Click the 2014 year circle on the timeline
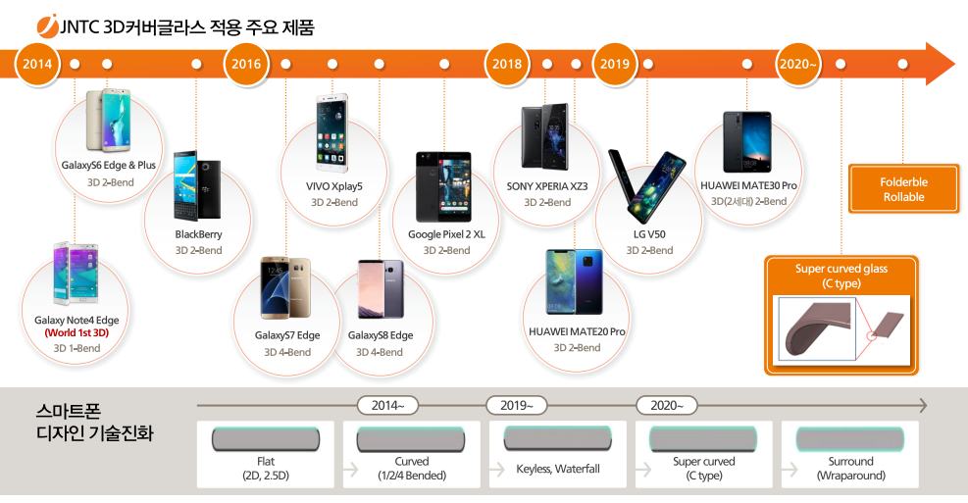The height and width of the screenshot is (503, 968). coord(37,65)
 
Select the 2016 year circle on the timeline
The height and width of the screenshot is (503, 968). coord(246,65)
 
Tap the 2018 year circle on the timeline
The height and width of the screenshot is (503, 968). coord(507,65)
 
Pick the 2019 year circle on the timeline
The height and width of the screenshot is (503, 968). coord(615,65)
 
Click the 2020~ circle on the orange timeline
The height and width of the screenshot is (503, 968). coord(797,65)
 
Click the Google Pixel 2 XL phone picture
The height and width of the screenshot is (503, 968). coord(443,186)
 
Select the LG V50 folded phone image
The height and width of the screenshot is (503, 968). coord(648,187)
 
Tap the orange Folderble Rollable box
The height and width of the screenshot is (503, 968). coord(903,189)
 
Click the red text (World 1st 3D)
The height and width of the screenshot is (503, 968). coord(76,333)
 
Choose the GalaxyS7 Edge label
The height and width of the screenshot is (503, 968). coord(287,335)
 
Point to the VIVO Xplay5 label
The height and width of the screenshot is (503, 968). coord(334,185)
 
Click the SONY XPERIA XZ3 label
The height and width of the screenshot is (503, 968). coord(547,186)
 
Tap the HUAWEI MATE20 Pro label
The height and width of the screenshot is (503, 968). coord(577,331)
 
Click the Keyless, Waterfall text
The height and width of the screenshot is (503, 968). coord(558,469)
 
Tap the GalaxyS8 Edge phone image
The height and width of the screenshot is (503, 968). coord(381,288)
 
